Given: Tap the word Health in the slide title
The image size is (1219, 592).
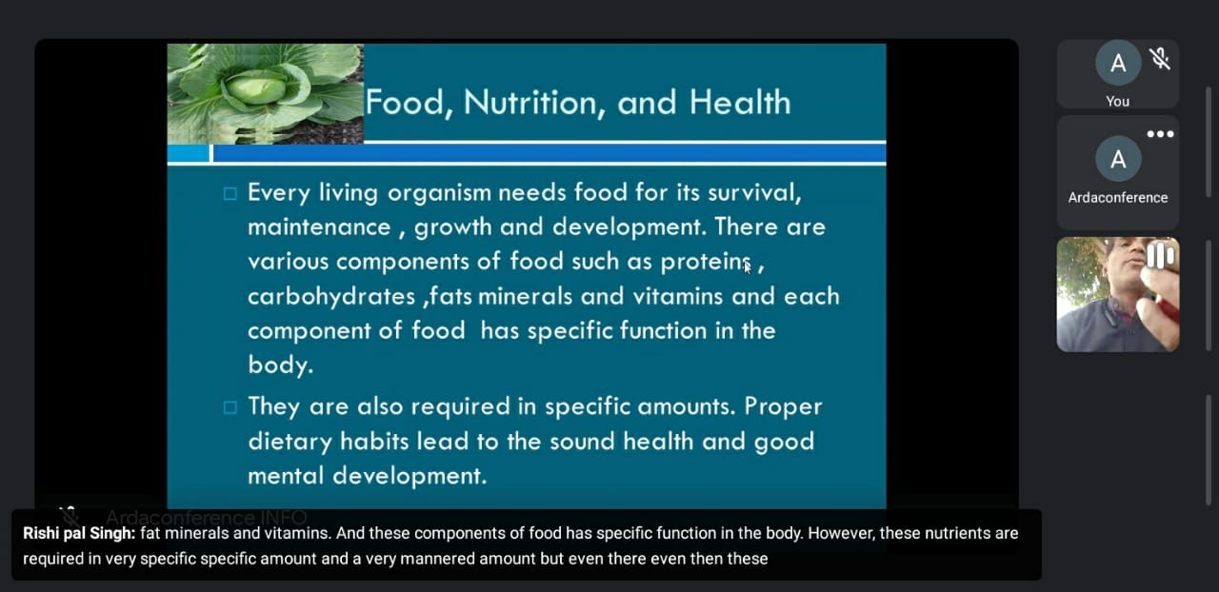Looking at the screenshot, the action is point(740,102).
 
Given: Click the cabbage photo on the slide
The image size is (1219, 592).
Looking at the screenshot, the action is point(265,93).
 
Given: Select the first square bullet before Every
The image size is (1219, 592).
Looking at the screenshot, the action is point(230,194).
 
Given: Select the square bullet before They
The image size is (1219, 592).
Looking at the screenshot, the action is point(230,407).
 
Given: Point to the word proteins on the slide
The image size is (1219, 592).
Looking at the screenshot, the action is point(706,263).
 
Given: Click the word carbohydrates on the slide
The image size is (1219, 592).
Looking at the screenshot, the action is point(331,297).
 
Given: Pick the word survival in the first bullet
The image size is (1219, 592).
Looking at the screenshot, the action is point(754,192).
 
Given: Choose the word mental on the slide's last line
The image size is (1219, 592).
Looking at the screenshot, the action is point(287,476).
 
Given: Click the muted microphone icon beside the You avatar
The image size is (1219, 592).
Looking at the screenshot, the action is point(1160,59).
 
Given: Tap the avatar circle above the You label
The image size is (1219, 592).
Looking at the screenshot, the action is point(1118,63).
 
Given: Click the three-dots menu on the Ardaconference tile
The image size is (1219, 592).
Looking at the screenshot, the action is point(1160,134).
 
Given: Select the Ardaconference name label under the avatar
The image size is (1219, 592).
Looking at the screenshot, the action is point(1118,198).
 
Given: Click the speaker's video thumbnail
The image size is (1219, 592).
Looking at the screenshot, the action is point(1118,294).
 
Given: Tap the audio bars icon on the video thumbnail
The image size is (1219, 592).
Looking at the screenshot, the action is point(1160,256).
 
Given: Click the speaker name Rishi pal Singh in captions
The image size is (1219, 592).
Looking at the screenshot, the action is point(79,533).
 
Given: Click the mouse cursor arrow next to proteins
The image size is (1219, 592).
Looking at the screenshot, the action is point(748,267).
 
